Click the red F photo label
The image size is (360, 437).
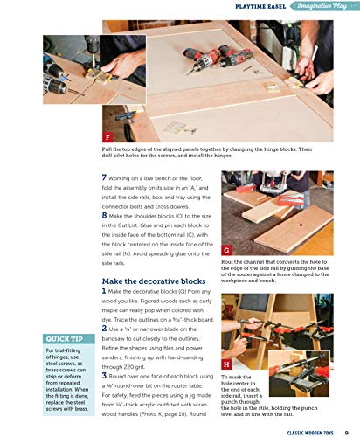pos(107,138)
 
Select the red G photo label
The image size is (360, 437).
pos(227,250)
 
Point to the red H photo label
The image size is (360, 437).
pos(227,363)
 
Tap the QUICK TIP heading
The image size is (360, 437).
pos(66,339)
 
